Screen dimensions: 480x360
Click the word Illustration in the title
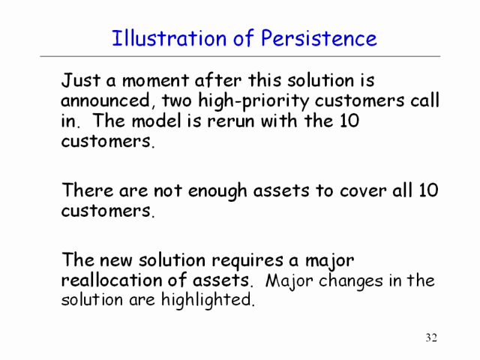169,38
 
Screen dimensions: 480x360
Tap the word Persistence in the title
319,38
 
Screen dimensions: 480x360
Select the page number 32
431,337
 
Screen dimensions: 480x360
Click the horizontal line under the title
240,56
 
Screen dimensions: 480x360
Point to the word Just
81,80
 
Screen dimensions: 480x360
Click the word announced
106,100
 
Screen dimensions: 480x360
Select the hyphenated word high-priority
253,102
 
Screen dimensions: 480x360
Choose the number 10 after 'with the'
349,121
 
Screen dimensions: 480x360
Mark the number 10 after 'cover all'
428,190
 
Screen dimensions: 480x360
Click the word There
88,190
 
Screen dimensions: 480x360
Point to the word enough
217,192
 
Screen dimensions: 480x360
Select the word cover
363,192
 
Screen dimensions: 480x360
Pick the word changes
350,281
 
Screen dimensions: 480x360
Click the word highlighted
208,300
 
